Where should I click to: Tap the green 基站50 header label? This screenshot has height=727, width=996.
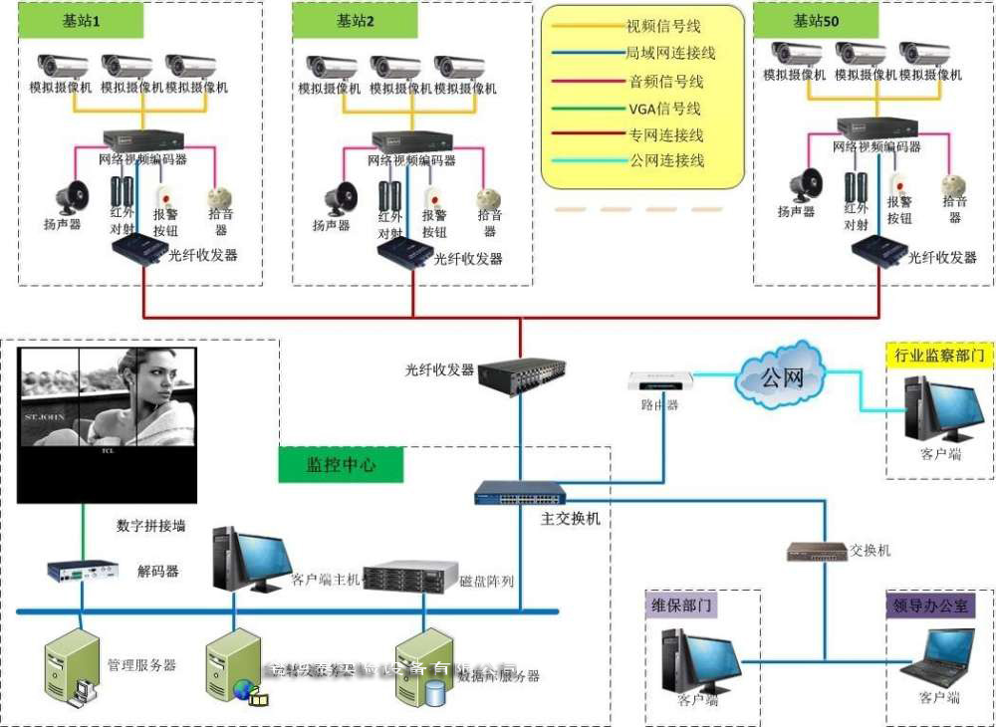pyautogui.click(x=816, y=20)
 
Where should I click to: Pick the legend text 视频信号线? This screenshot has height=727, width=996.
pyautogui.click(x=663, y=26)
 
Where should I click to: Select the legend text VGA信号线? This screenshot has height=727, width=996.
pyautogui.click(x=664, y=108)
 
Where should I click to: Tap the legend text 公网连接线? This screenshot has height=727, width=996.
pyautogui.click(x=666, y=159)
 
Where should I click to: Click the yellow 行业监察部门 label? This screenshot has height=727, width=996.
pyautogui.click(x=939, y=355)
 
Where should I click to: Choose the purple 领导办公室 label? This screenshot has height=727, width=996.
pyautogui.click(x=932, y=605)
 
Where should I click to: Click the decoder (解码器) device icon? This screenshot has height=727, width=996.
pyautogui.click(x=83, y=571)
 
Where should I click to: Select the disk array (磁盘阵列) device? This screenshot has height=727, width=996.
pyautogui.click(x=409, y=578)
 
